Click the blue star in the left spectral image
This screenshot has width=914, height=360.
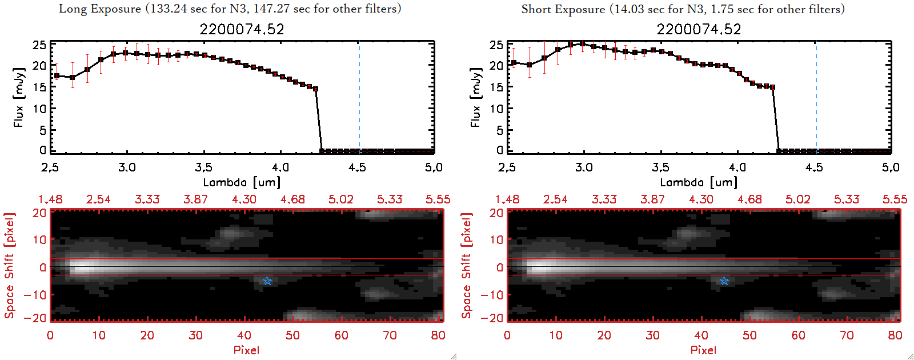[x=267, y=281]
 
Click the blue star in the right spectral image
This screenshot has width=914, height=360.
[x=724, y=281]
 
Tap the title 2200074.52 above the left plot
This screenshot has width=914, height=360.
[x=242, y=29]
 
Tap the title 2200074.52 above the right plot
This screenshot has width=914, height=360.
[x=699, y=29]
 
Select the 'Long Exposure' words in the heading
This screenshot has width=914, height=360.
[x=100, y=9]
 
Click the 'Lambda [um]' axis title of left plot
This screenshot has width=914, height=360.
[x=242, y=182]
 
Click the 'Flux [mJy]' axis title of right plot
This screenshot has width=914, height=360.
[x=475, y=97]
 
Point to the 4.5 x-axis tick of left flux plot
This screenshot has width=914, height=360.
[x=357, y=167]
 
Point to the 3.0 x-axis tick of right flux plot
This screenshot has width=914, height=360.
[x=584, y=167]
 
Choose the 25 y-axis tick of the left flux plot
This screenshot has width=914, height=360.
[x=39, y=45]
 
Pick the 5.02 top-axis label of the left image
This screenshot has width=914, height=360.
[x=341, y=199]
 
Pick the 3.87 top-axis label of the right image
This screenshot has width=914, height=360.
[x=652, y=199]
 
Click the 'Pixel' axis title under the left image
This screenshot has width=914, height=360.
[x=246, y=350]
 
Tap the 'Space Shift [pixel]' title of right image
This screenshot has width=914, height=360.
[x=467, y=266]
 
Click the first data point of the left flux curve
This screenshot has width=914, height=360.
[x=57, y=75]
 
